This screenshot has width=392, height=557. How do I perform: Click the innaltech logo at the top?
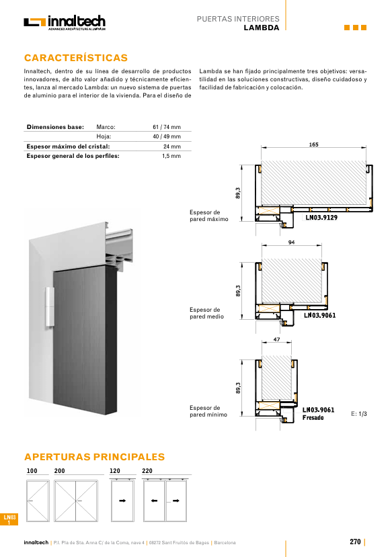(65, 23)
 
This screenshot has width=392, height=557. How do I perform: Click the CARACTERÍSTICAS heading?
(76, 58)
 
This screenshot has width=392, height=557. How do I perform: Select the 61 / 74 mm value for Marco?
(167, 127)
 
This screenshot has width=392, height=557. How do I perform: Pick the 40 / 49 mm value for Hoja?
(167, 136)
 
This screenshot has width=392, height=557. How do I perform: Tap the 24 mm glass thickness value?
(172, 146)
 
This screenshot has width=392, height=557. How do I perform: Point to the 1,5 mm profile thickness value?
(171, 156)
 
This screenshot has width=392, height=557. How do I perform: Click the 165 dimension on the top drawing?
(313, 144)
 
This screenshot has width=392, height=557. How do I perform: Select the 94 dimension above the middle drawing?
(291, 243)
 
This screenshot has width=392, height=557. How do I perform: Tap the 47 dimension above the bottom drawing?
(277, 339)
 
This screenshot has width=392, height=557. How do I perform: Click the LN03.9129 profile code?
(321, 218)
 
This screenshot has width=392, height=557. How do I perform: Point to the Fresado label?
(313, 418)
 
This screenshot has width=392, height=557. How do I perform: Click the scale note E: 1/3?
(358, 414)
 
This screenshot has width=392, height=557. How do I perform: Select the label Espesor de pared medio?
(206, 313)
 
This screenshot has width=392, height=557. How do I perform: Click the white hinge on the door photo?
(50, 306)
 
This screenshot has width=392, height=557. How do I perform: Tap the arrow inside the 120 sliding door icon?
(122, 501)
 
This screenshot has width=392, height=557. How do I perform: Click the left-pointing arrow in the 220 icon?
(154, 501)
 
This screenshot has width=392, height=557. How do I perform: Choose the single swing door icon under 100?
(38, 501)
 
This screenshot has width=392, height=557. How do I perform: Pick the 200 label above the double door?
(59, 471)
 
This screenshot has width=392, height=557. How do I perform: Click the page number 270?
(355, 542)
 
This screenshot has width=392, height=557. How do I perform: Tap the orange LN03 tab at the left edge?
(9, 519)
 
